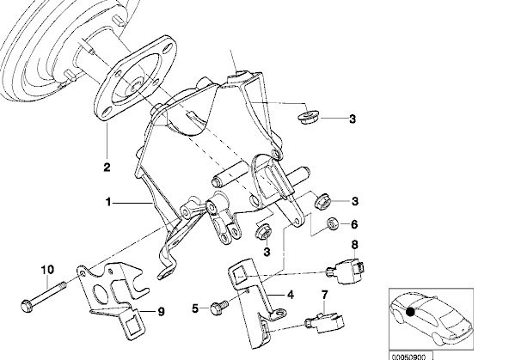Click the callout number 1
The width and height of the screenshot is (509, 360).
(x=108, y=203)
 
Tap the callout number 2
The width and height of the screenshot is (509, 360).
(x=107, y=167)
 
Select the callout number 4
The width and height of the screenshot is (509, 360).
(x=291, y=295)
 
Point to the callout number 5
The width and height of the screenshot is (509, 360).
(x=195, y=308)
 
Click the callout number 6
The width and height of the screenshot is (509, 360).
(x=354, y=224)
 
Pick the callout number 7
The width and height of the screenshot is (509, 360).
(x=325, y=295)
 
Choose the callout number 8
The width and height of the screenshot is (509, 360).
(x=354, y=245)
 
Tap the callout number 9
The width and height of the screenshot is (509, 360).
(x=161, y=312)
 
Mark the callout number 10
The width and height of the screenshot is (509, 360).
(x=47, y=270)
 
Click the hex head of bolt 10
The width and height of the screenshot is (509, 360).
(x=27, y=306)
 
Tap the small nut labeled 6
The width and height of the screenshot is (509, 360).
(x=333, y=223)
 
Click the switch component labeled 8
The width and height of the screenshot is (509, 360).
(x=346, y=271)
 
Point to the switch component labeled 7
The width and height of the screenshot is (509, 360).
(x=325, y=322)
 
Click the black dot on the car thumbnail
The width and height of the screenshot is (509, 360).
(x=410, y=312)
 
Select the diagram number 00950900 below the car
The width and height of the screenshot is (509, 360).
(x=408, y=357)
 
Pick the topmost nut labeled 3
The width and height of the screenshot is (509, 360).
(x=308, y=117)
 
